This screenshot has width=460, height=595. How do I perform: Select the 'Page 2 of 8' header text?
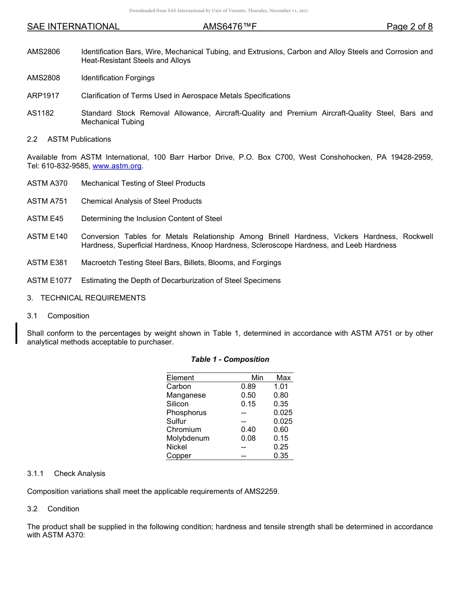click(x=409, y=27)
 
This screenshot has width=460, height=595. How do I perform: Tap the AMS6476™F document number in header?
click(x=230, y=27)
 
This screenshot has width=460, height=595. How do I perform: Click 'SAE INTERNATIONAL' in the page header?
click(x=73, y=27)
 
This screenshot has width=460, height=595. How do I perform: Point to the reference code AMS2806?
click(x=44, y=52)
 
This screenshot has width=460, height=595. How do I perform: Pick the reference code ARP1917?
click(x=43, y=96)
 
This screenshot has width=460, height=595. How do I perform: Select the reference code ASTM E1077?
click(x=49, y=281)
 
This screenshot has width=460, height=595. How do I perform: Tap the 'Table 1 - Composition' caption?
click(x=230, y=359)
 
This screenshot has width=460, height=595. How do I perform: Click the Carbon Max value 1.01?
click(x=281, y=387)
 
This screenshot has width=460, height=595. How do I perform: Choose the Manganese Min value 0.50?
click(x=248, y=395)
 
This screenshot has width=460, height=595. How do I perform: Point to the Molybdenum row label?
click(x=188, y=438)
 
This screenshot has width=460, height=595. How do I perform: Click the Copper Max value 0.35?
click(x=281, y=456)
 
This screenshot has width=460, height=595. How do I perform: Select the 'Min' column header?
click(x=257, y=378)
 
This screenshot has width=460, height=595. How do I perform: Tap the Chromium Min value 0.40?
click(x=248, y=430)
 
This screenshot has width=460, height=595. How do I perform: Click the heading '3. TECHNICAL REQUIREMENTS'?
click(x=86, y=298)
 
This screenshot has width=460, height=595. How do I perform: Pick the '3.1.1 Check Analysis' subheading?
click(x=66, y=474)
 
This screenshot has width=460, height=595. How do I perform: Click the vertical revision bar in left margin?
click(x=17, y=333)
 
